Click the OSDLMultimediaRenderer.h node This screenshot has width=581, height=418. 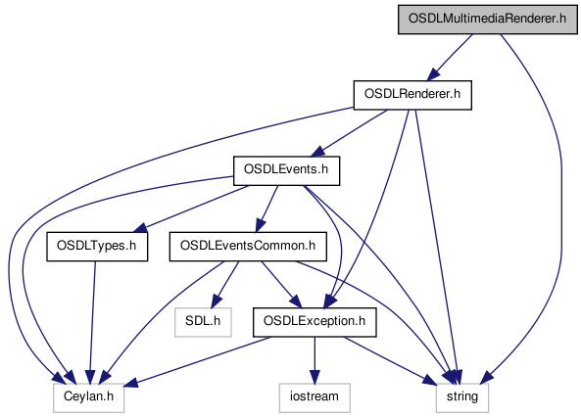point(488,20)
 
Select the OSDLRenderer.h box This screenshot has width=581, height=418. point(412,95)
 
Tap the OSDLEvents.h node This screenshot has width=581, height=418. point(286,170)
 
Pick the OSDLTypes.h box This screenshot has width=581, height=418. point(97,247)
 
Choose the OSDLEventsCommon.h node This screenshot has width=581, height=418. point(248,247)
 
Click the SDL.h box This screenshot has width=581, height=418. point(203,322)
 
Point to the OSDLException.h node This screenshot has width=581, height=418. point(315,322)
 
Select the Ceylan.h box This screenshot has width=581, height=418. point(88,397)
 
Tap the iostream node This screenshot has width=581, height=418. point(315,397)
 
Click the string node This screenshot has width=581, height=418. point(462,397)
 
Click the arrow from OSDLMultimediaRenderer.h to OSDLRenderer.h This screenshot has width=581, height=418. point(450,58)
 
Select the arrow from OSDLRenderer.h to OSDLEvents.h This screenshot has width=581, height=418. point(350,133)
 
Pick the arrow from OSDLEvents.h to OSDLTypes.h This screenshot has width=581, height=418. point(190,209)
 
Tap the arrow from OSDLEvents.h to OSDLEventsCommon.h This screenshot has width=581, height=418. point(266,209)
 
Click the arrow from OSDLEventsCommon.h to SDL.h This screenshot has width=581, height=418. point(225,285)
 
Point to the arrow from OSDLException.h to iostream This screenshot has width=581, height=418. point(315,360)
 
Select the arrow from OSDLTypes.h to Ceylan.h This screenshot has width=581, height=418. point(92,322)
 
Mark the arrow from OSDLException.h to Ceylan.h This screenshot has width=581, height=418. point(200,360)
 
